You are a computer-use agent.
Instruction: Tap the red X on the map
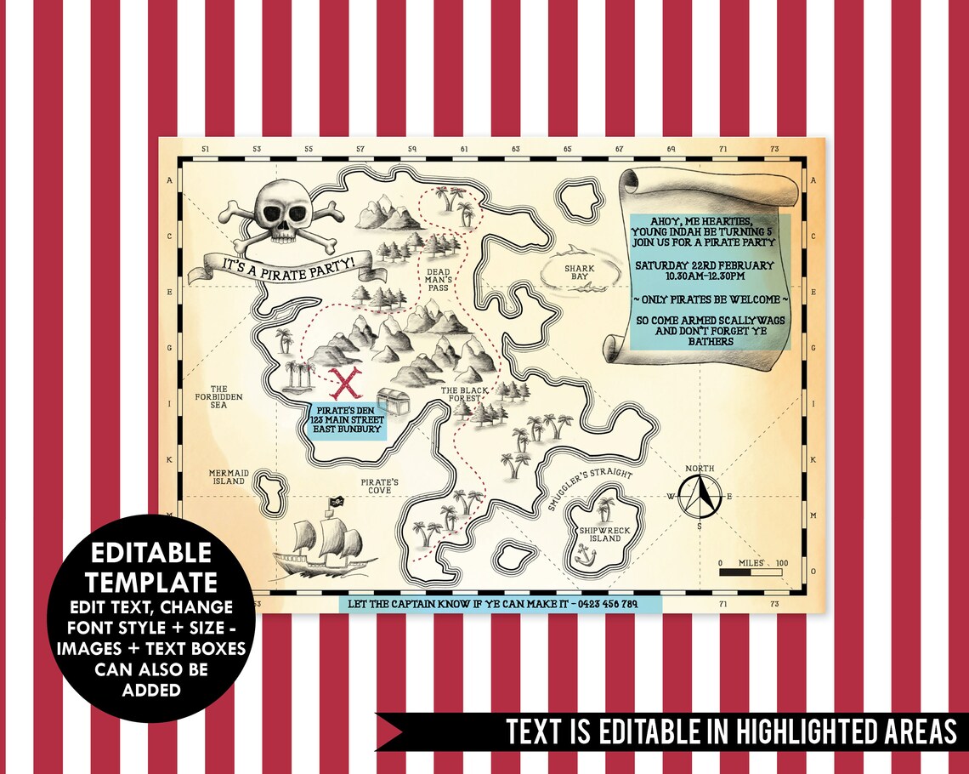coord(344,384)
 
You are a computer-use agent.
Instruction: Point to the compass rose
coord(700,496)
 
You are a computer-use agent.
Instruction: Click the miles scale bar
coord(753,572)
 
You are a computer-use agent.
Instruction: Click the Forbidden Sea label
coord(218,397)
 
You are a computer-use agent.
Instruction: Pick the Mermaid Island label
coord(228,476)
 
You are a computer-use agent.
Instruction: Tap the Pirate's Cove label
coord(380,487)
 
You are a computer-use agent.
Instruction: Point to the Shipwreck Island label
coord(600,534)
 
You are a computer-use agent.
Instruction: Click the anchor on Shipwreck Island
coord(583,556)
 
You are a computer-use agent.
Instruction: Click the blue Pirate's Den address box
coord(347,420)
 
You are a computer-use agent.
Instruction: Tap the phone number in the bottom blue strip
coord(607,604)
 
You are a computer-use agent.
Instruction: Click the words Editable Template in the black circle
coord(151,567)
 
